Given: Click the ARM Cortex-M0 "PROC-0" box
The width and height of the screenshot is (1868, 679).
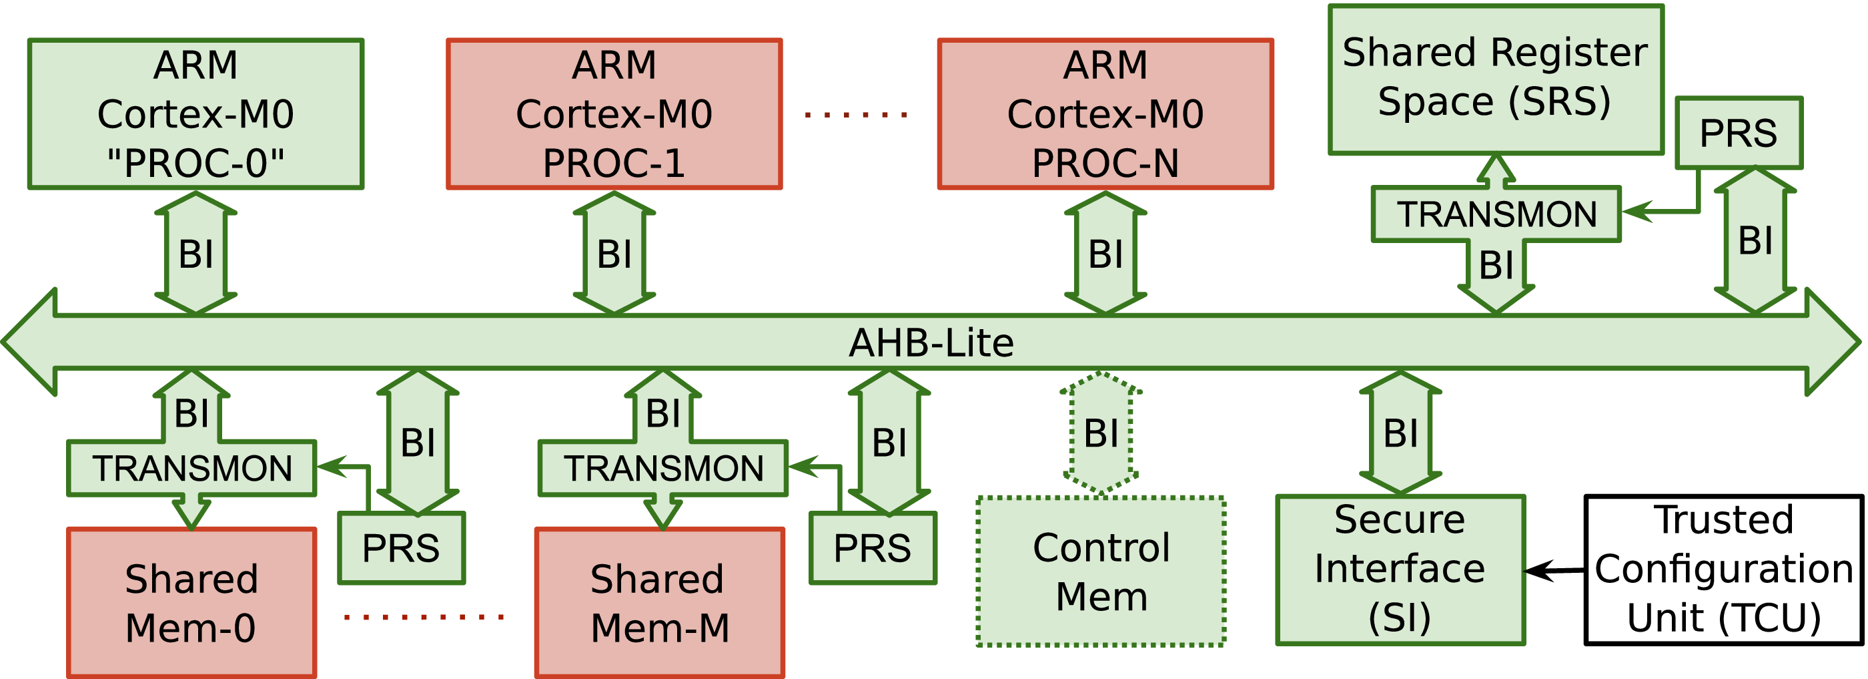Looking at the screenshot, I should click(195, 114).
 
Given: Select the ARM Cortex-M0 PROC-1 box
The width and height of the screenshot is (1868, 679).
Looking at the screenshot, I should click(614, 114).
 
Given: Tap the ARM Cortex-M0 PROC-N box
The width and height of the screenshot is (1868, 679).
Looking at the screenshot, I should click(1105, 114).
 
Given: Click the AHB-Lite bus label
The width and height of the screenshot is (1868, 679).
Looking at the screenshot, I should click(931, 343).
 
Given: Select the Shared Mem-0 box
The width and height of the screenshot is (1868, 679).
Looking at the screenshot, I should click(191, 602).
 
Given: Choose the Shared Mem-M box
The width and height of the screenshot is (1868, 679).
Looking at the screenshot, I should click(659, 602).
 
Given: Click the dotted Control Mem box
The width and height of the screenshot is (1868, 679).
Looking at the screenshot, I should click(1101, 571).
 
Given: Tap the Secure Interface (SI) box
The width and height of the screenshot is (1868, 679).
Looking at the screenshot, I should click(1400, 570).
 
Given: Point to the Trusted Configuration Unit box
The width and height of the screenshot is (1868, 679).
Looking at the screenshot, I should click(1724, 570).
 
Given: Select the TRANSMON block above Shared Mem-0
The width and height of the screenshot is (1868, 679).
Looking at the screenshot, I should click(191, 468).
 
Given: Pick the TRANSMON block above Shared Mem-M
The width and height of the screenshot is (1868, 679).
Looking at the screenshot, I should click(662, 468).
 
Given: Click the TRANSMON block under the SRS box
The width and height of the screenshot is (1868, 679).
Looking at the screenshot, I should click(1496, 214).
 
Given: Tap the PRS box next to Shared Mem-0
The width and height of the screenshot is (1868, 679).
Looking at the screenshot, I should click(401, 547).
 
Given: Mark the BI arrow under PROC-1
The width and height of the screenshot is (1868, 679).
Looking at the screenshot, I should click(614, 254).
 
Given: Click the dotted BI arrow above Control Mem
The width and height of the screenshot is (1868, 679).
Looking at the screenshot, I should click(1101, 433).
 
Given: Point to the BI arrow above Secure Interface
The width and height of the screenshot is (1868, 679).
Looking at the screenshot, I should click(1400, 433).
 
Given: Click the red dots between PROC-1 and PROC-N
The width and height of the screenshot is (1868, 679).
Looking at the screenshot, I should click(856, 115).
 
